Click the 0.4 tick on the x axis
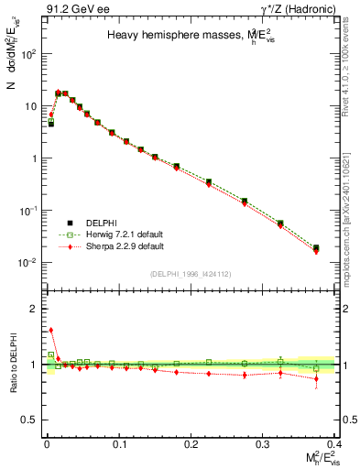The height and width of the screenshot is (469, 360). pos(336,443)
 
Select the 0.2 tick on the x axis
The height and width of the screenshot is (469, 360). pos(191,443)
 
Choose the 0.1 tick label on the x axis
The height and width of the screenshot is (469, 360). pos(118,443)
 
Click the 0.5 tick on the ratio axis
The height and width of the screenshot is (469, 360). pos(32,420)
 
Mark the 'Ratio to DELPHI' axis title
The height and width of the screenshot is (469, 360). pos(13,364)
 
